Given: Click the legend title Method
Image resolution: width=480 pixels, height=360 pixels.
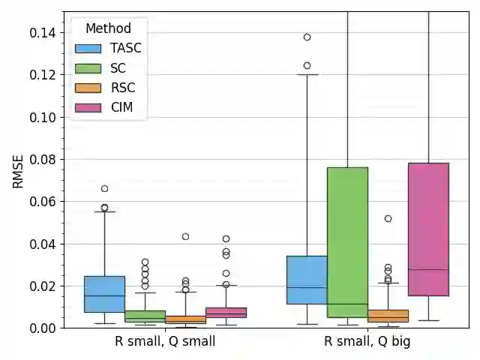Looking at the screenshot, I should pos(108,29).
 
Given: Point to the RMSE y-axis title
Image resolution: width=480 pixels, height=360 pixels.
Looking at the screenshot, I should pos(17,170).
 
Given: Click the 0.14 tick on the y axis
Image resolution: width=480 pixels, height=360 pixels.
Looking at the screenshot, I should pos(43,33).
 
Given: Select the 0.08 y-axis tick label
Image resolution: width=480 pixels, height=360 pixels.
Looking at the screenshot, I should pos(43,160).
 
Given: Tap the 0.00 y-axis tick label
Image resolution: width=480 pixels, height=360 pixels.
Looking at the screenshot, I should pos(43,328).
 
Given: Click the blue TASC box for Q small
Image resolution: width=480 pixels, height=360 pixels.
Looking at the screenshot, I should pos(104,294).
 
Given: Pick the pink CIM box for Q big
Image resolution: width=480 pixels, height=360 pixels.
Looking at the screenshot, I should pos(428,229).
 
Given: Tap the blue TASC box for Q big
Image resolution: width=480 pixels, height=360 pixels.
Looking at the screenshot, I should pos(307,280).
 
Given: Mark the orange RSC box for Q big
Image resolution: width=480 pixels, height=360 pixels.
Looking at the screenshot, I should pos(388,316).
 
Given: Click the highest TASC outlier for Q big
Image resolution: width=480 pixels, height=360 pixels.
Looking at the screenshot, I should pos(307,37).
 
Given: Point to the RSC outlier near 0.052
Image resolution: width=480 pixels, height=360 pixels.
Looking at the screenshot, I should pos(388,218).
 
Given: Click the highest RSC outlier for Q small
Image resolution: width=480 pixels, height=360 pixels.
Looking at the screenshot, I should pos(185,236).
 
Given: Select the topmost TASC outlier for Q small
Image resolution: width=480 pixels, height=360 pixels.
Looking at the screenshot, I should pos(104,188).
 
